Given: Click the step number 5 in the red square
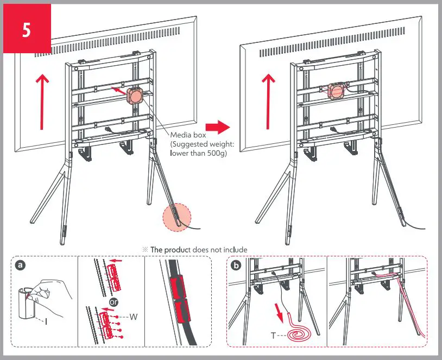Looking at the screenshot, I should point(26,30).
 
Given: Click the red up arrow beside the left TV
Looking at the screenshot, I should point(41,101).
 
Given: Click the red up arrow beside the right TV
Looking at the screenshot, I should point(267,101).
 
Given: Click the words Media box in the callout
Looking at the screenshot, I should point(186,135).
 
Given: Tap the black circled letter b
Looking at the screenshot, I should point(236,266).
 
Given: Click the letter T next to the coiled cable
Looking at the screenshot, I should point(273,336).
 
